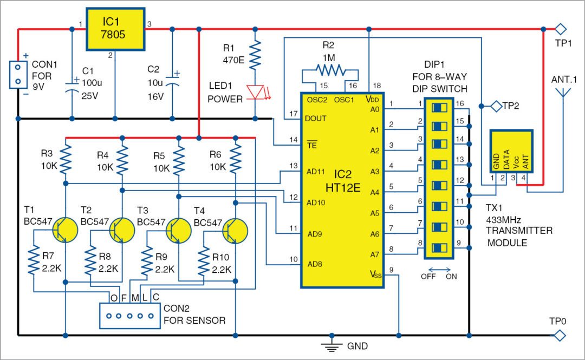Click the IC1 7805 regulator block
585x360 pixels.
coord(115,29)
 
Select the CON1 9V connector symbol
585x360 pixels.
coord(18,74)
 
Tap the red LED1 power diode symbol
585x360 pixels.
coord(256,91)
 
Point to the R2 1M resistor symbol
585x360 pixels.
coord(330,69)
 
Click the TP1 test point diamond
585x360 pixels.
coord(560,28)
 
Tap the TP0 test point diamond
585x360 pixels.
coord(560,336)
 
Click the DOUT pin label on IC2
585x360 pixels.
coord(316,117)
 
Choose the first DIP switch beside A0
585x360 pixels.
coord(438,108)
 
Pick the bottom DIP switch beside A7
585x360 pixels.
coord(438,249)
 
